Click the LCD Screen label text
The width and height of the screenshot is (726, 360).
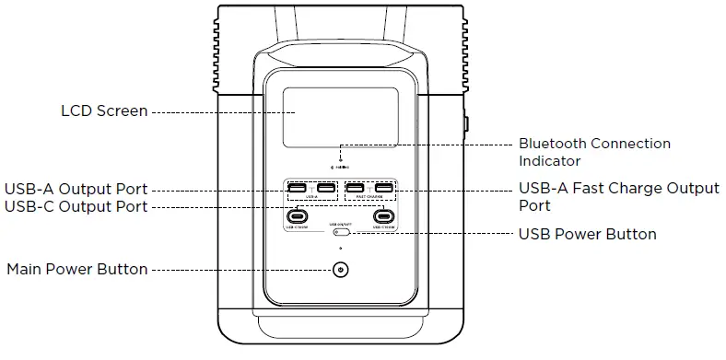coord(103,111)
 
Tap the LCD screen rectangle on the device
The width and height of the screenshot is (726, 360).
coord(340,116)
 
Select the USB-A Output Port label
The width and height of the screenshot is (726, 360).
coord(76,189)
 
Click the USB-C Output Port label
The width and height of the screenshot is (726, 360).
coord(76,206)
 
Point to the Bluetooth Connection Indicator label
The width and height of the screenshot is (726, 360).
coord(594,152)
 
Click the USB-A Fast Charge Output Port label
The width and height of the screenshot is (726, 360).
coord(618,197)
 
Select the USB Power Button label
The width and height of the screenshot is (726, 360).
coord(587,234)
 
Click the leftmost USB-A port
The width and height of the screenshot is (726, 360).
coord(298,189)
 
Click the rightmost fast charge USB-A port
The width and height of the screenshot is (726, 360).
coord(383,189)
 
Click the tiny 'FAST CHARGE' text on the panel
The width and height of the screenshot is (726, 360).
coord(369,198)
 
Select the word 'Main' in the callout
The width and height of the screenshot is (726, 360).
coord(25,270)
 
